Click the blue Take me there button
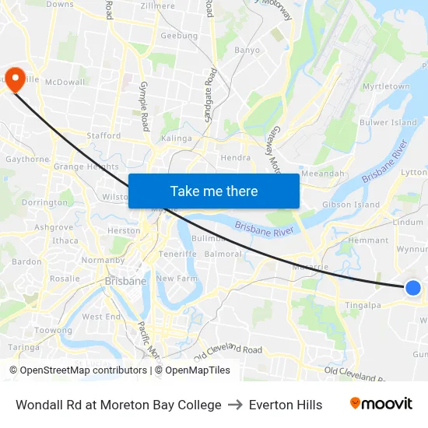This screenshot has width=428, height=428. (x=213, y=191)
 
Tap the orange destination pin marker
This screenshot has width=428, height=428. (x=14, y=79)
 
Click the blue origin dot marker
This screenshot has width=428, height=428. (x=413, y=288)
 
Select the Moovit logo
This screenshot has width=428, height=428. (x=381, y=404)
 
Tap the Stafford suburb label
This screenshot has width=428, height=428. (x=103, y=135)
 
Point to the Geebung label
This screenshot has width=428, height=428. (x=178, y=36)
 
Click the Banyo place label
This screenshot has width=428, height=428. (x=247, y=51)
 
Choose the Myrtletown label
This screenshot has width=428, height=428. (x=386, y=86)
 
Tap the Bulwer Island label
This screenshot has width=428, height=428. (x=388, y=122)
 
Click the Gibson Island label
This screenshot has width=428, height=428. (x=351, y=205)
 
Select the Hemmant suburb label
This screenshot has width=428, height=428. (x=368, y=241)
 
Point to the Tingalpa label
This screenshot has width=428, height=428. (x=363, y=305)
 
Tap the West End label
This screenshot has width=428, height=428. (x=101, y=317)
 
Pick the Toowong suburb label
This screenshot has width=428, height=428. (x=53, y=330)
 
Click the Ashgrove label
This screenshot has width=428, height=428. (x=53, y=227)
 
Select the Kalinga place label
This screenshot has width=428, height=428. (x=176, y=139)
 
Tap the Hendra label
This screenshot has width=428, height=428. (x=236, y=157)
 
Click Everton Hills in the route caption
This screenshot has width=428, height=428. (x=286, y=405)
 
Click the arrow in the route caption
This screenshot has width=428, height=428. (x=235, y=405)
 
